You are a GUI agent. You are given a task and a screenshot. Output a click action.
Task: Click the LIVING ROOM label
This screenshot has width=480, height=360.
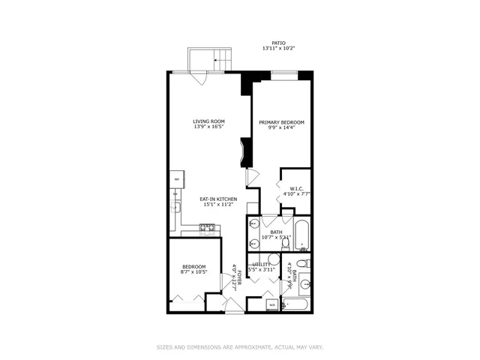tap(208, 121)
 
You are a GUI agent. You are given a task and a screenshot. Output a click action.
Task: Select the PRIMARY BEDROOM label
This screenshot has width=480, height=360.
tap(281, 122)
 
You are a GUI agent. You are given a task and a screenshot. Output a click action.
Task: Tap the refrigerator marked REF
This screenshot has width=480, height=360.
tap(177, 180)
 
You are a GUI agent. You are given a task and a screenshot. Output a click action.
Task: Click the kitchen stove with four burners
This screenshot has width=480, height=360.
tap(207, 227)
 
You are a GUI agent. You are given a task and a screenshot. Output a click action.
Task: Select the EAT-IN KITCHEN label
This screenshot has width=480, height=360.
tap(218, 199)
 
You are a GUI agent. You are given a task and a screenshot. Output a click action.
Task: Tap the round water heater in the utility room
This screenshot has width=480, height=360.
tap(274, 260)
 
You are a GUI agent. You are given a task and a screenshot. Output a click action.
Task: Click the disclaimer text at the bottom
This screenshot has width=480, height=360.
tap(239, 347)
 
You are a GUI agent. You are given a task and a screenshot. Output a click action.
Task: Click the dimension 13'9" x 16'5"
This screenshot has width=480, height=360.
tap(208, 127)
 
